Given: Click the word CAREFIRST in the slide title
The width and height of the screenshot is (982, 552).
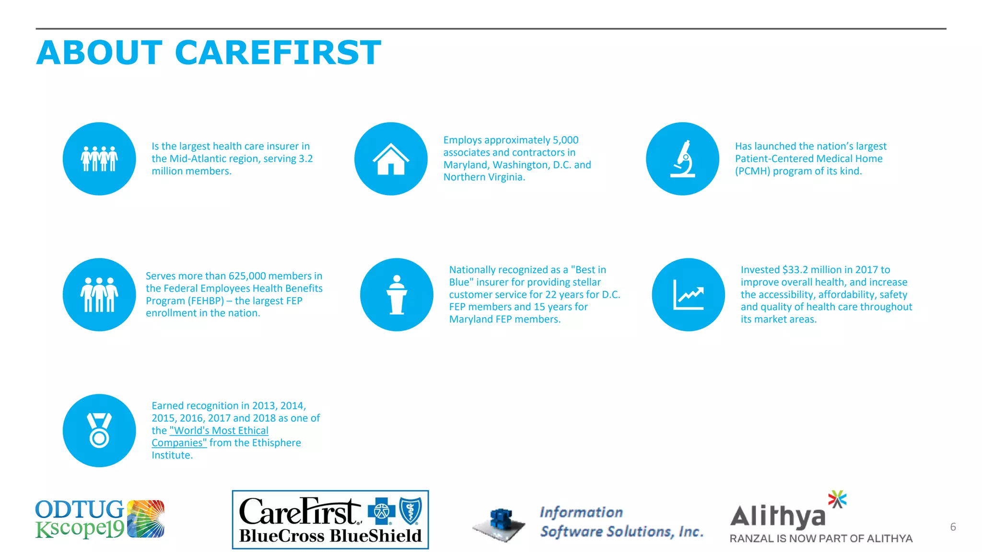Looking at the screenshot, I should (x=278, y=53).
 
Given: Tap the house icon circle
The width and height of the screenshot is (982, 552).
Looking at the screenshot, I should (x=391, y=159).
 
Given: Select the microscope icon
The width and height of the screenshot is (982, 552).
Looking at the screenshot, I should (x=682, y=159).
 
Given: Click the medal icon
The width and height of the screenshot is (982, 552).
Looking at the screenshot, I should (x=99, y=430).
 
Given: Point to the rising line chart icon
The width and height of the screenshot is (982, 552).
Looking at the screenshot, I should (x=688, y=295).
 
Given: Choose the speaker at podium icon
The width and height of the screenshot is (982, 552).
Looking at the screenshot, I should (x=397, y=295).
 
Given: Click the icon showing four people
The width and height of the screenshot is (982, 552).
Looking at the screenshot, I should (x=99, y=159).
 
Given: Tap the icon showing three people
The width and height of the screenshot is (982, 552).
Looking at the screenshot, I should (x=99, y=295).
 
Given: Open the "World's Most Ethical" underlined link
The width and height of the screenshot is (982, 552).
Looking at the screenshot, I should (x=219, y=430).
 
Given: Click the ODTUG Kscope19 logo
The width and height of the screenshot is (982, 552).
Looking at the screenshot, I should (x=99, y=519).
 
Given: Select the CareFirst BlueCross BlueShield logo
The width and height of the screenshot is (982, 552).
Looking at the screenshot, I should (x=330, y=519).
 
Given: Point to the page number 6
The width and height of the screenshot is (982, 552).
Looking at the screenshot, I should (x=953, y=527).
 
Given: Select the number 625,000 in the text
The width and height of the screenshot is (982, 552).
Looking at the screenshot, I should (x=247, y=276).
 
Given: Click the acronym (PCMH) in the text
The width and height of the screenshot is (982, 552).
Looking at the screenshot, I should (x=752, y=171).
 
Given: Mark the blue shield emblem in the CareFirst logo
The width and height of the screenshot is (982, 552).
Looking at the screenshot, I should (x=410, y=511).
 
